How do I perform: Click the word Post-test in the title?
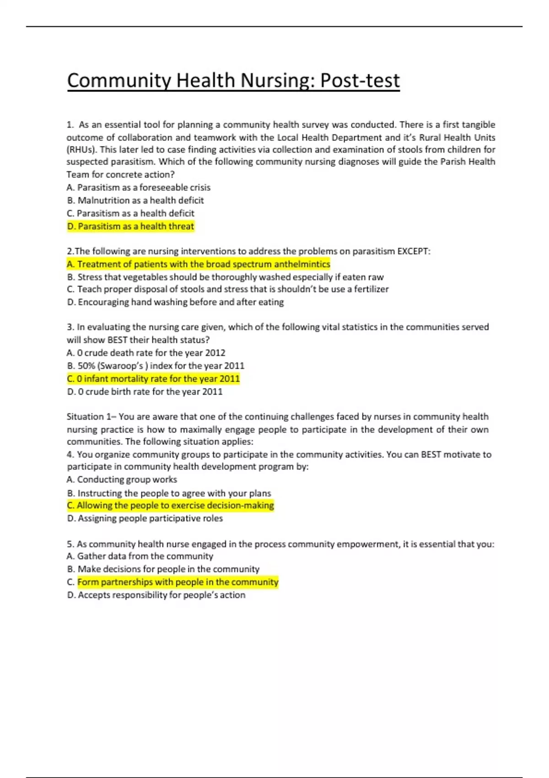click(x=360, y=81)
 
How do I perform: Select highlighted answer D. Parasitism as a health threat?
click(x=130, y=226)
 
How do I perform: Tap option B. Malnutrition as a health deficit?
click(x=135, y=200)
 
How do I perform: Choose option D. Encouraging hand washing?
click(x=175, y=302)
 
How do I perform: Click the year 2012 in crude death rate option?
click(x=215, y=353)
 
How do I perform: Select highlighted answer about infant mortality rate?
click(x=153, y=378)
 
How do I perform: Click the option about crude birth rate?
click(x=145, y=392)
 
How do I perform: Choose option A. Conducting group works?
click(x=122, y=480)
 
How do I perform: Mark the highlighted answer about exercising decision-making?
click(x=170, y=505)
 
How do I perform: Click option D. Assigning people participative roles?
click(x=145, y=518)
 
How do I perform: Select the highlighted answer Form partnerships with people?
click(x=178, y=582)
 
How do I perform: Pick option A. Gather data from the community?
click(x=140, y=556)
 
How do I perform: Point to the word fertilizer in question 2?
click(x=371, y=289)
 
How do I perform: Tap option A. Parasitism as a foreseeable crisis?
click(x=138, y=188)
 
